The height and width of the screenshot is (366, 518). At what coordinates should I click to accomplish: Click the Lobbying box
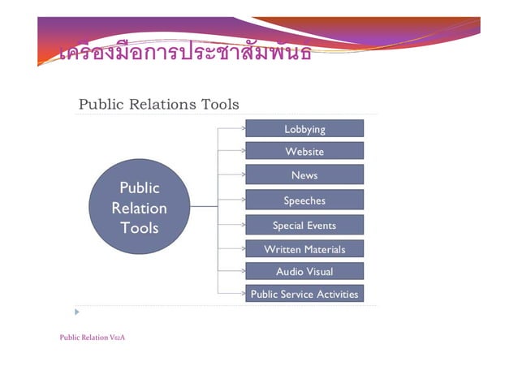click(304, 129)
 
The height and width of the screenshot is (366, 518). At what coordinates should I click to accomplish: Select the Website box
click(304, 152)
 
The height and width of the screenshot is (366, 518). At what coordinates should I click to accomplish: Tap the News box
click(304, 175)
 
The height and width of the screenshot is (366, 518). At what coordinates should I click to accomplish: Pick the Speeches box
click(304, 200)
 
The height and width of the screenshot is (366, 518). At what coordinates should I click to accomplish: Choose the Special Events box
click(304, 226)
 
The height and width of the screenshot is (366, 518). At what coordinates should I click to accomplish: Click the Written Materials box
click(304, 249)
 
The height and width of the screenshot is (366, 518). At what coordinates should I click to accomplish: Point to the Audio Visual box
click(304, 272)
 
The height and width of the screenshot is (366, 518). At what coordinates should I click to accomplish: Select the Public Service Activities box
click(304, 294)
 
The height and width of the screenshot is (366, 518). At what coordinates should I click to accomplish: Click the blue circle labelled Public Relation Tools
click(139, 208)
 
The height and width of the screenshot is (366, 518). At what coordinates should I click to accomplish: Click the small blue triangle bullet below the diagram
click(78, 312)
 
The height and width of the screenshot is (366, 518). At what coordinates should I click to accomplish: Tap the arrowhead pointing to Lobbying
click(244, 127)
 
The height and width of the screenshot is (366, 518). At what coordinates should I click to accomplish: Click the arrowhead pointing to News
click(244, 174)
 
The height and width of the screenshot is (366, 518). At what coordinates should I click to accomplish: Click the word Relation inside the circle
click(139, 208)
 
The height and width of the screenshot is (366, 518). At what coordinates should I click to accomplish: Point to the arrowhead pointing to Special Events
click(244, 224)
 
